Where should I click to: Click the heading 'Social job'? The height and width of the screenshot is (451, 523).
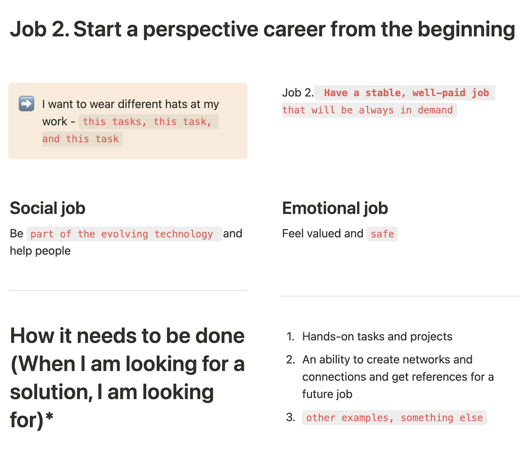47,208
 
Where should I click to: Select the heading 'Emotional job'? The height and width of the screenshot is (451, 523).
335,208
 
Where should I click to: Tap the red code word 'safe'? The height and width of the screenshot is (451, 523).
382,234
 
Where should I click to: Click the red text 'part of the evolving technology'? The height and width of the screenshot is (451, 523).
122,234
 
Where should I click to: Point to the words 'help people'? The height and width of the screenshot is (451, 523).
40,251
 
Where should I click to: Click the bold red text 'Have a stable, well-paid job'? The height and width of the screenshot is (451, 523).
406,93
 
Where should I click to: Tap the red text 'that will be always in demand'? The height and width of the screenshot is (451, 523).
367,110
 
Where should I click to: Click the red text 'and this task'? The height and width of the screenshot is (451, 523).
80,139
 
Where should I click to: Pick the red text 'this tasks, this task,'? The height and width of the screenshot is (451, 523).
147,122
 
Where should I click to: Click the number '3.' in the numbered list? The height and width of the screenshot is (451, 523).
291,417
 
